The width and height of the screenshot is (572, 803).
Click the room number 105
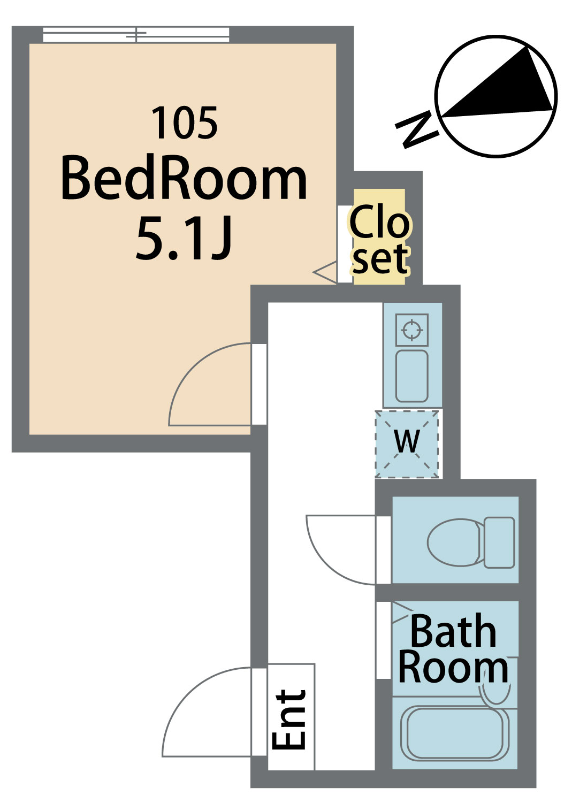[x=185, y=123]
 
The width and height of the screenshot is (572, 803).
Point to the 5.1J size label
[x=183, y=238]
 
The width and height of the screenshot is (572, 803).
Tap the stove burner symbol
[x=411, y=330]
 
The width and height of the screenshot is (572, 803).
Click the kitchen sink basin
[x=411, y=376]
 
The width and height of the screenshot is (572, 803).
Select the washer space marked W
[x=407, y=444]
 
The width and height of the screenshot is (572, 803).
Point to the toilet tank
[x=499, y=543]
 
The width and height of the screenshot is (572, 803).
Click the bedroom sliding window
[x=136, y=35]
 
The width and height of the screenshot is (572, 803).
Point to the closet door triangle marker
[x=325, y=272]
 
